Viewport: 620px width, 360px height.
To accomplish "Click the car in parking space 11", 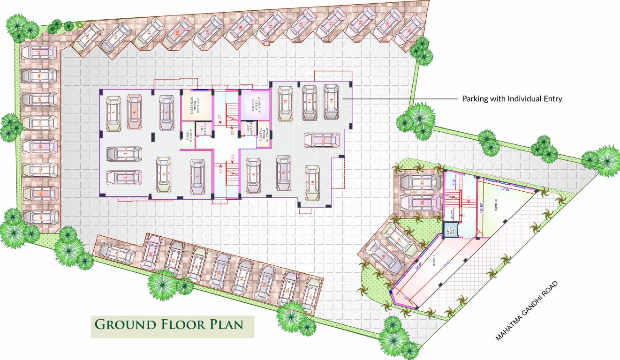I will tap(322, 140).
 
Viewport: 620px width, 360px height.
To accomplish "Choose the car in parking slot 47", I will tap(39, 52).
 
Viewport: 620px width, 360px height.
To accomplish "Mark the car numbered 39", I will tap(116, 254).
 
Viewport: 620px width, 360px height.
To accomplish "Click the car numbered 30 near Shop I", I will tap(384, 257).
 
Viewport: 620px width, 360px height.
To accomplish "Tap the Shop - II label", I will tap(497, 207).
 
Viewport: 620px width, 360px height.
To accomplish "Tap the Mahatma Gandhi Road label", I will tap(528, 310).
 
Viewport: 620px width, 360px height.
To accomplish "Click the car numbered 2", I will tap(125, 153).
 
